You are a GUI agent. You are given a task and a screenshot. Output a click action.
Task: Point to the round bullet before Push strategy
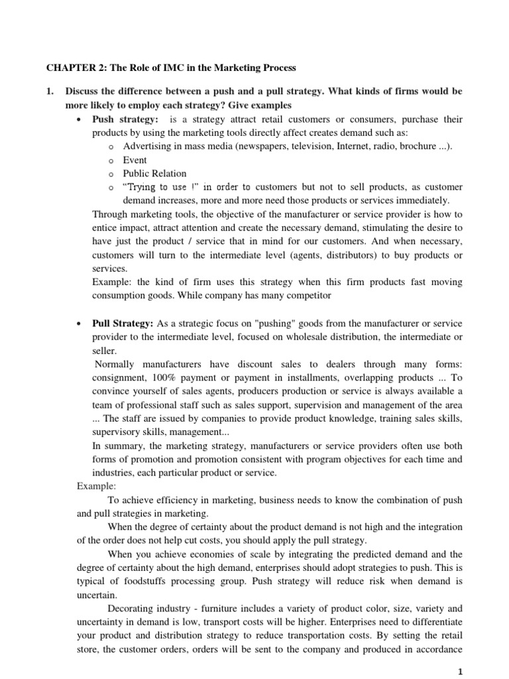pos(80,119)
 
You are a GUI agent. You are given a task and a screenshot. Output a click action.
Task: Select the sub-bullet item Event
pos(135,160)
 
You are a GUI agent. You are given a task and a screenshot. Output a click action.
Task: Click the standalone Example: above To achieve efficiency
pos(96,486)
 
